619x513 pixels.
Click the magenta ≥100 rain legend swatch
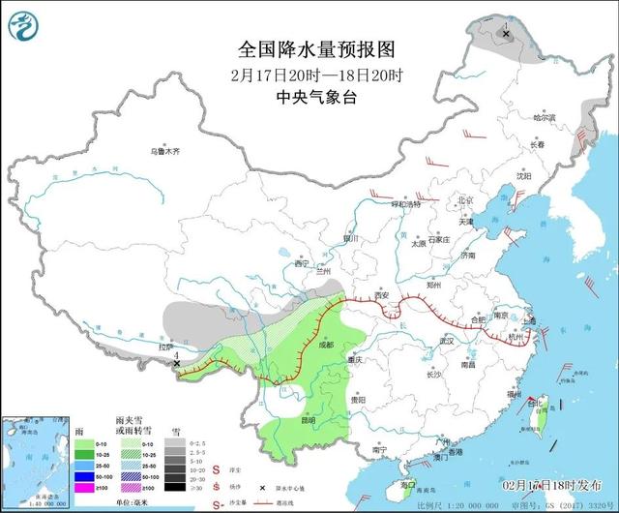86,490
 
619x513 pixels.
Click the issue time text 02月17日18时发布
552,483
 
